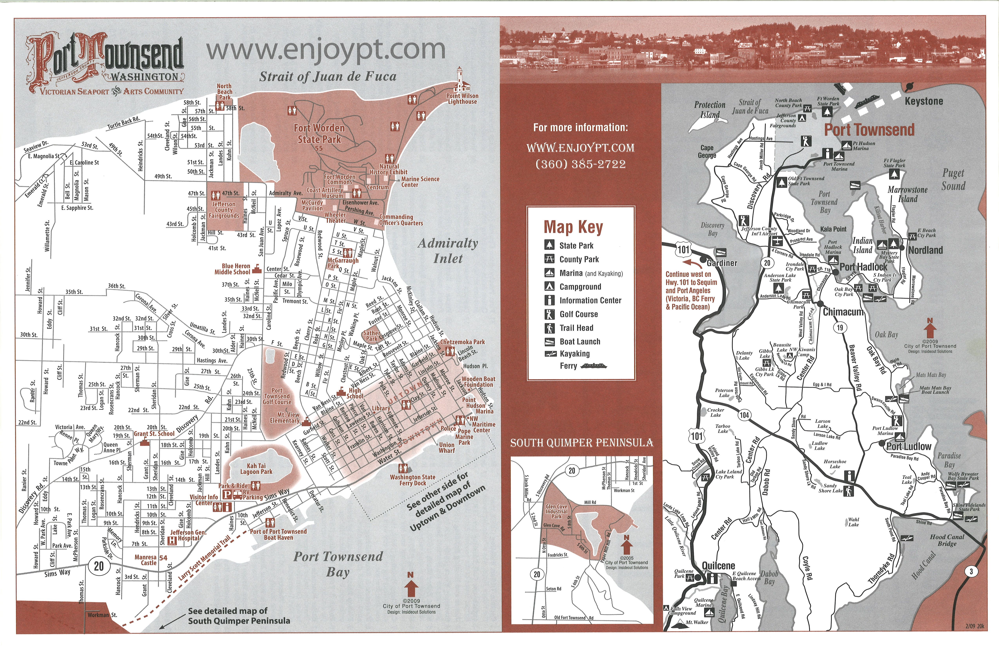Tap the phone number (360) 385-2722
pyautogui.click(x=581, y=164)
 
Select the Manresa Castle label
pyautogui.click(x=146, y=560)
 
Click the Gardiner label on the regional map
pyautogui.click(x=722, y=263)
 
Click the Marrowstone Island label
pyautogui.click(x=908, y=194)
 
